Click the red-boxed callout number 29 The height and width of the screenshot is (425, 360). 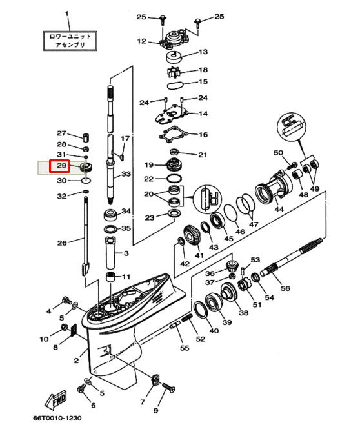pyautogui.click(x=62, y=167)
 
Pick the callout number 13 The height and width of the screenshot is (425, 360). pyautogui.click(x=203, y=52)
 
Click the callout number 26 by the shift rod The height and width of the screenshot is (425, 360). pyautogui.click(x=62, y=243)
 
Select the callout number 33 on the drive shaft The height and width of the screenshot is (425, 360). pyautogui.click(x=126, y=175)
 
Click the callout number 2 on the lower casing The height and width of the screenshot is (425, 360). pyautogui.click(x=77, y=359)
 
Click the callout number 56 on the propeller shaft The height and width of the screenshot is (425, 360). pyautogui.click(x=286, y=289)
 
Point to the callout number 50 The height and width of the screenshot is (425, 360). pyautogui.click(x=278, y=153)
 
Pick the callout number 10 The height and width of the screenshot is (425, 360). pyautogui.click(x=44, y=339)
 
